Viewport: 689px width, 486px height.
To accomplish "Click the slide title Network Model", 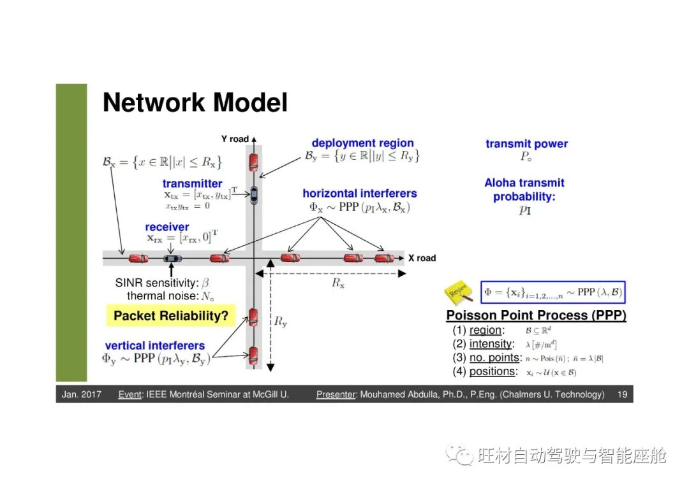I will (195, 103).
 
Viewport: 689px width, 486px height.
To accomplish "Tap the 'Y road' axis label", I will (235, 139).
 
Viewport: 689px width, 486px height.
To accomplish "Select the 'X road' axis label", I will (422, 258).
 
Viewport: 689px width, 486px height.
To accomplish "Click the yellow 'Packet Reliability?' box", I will (170, 315).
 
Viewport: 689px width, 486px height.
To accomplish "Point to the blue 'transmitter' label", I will (192, 183).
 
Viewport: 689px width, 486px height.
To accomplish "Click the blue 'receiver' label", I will (167, 227).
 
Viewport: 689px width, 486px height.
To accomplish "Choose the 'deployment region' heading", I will (362, 143).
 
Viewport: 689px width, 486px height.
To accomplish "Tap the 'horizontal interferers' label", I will (360, 193).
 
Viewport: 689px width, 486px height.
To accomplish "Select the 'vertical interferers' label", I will (155, 346).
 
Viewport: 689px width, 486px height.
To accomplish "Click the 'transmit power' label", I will (526, 144).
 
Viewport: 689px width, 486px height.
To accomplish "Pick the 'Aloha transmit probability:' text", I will (524, 190).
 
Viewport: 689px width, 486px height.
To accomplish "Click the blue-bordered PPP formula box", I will (553, 292).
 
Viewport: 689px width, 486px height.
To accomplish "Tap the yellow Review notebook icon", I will (459, 292).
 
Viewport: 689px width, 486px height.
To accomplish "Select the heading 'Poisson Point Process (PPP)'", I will (536, 315).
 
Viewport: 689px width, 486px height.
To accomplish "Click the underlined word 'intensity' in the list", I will (491, 344).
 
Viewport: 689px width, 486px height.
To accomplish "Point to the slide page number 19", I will (622, 394).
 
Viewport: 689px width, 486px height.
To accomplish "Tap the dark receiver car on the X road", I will (172, 258).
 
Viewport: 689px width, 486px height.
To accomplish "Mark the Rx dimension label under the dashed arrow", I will (338, 284).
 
